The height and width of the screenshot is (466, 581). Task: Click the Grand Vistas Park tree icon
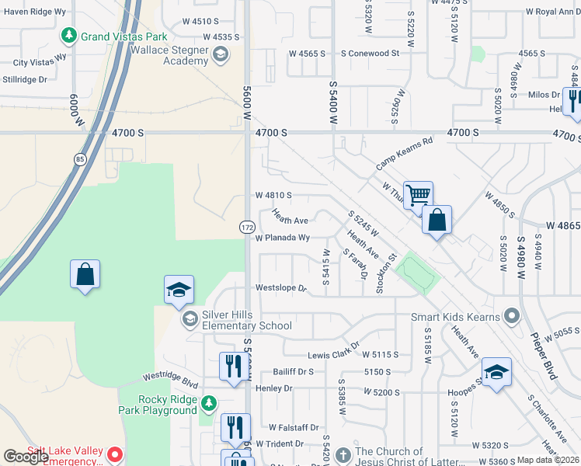pos(69,36)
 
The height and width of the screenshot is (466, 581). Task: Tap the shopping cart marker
pos(418,195)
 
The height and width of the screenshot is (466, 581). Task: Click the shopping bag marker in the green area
pos(85,274)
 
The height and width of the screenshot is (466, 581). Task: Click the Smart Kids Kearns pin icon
pos(511,315)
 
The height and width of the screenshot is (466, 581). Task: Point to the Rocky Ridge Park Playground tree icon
pos(208,404)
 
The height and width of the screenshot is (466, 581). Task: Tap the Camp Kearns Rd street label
pos(404,154)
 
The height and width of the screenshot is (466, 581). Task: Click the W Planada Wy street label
pos(283,238)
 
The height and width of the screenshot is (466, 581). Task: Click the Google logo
pos(26,457)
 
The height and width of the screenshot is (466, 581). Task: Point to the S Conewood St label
pos(370,54)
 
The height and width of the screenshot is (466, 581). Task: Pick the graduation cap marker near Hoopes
pos(496,371)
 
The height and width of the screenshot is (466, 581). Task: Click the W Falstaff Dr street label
pos(294,427)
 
